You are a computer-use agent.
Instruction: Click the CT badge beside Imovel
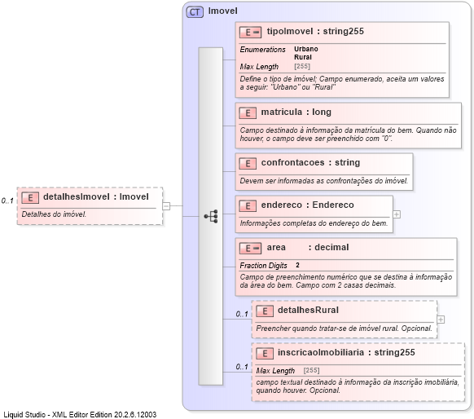coord(195,11)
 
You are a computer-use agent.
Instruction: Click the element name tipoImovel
coord(290,32)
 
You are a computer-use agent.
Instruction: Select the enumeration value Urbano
coord(306,49)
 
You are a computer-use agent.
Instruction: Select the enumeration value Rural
coord(303,57)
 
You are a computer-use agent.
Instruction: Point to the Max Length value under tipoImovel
coord(301,66)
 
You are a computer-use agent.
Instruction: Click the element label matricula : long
coord(296,112)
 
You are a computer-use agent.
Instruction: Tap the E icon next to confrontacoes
coord(248,163)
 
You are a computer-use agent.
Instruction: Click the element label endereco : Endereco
coord(307,205)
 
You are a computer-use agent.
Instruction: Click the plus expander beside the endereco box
coord(397,214)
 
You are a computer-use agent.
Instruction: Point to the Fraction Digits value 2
coord(297,265)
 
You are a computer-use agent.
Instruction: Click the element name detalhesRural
coord(308,311)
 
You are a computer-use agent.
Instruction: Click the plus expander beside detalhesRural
coord(441,319)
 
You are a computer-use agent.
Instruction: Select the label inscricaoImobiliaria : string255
coord(346,353)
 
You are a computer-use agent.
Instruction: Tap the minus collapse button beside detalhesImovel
coord(165,206)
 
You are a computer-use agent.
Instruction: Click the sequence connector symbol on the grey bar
coord(211,216)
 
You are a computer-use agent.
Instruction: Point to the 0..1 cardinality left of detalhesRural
coord(242,314)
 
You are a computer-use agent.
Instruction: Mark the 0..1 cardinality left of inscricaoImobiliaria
coord(242,366)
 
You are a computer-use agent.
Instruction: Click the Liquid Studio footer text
coord(80,413)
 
